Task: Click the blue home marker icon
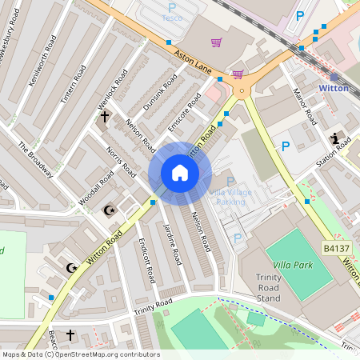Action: coord(180,173)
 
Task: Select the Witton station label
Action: coord(334,88)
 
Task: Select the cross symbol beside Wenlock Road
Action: coord(104,117)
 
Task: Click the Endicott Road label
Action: coord(146,260)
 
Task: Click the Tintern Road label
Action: coord(70,84)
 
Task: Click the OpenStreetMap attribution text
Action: coord(80,354)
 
